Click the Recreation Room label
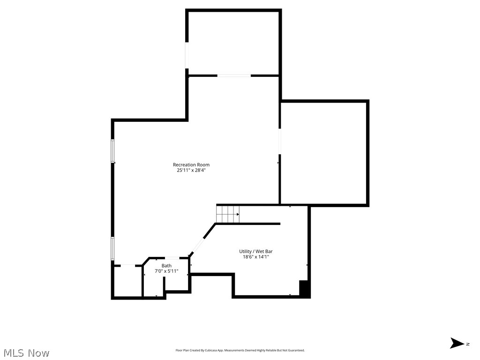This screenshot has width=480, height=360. [191, 165]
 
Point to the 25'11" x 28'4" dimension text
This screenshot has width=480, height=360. [191, 171]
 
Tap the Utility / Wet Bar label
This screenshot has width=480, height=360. [255, 251]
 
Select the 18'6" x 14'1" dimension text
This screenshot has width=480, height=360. [255, 257]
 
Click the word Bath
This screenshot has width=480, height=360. [166, 266]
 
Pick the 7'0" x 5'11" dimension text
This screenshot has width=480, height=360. [166, 271]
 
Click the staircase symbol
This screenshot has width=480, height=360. [228, 214]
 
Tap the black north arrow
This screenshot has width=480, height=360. [457, 343]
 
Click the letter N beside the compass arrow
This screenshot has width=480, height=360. [467, 344]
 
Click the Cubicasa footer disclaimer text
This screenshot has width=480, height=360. [240, 350]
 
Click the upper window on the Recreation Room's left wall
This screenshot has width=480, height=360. [113, 151]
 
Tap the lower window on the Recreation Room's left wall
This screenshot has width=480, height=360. [113, 248]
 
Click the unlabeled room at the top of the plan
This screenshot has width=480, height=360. [233, 42]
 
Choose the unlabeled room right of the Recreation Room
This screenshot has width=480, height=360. [323, 152]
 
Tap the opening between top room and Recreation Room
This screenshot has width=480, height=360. [233, 75]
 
